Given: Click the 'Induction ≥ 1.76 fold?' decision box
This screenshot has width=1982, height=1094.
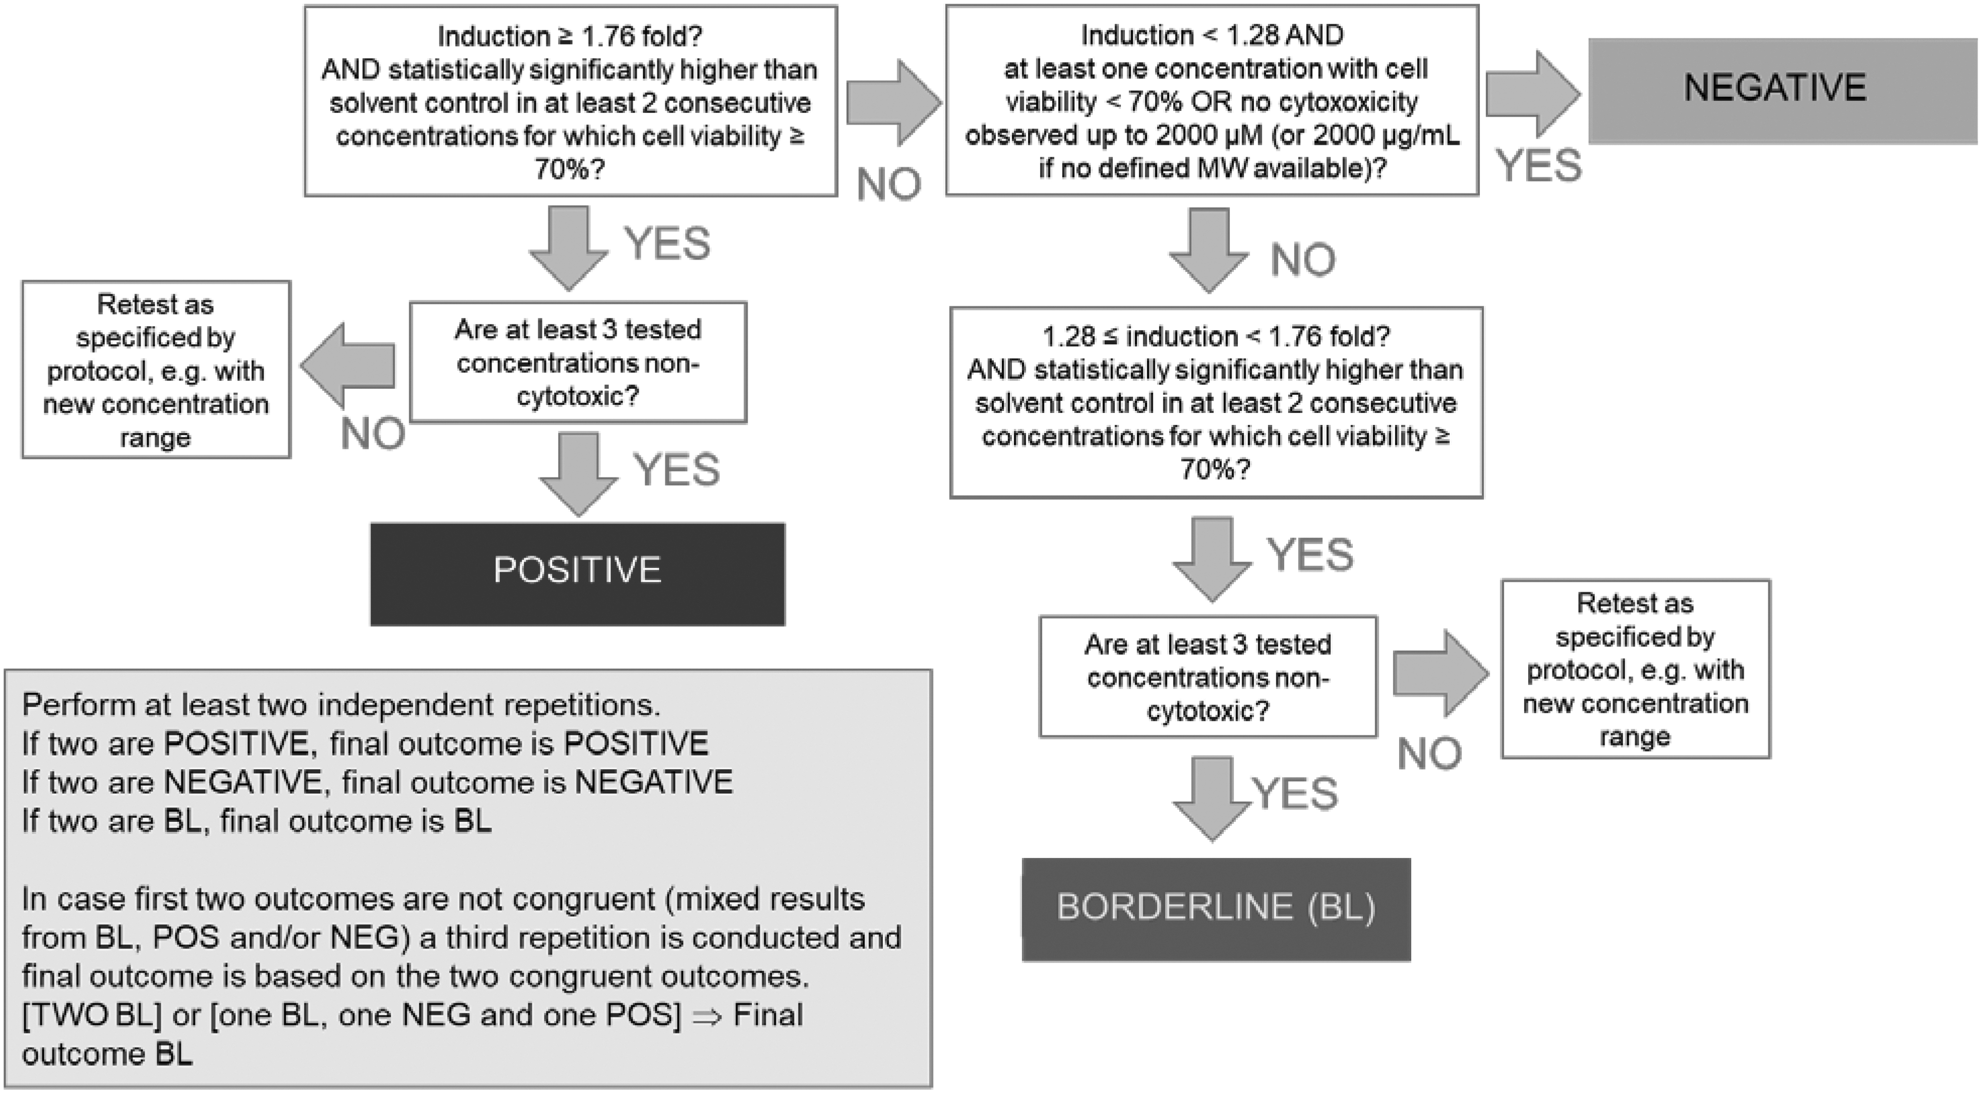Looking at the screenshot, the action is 571,101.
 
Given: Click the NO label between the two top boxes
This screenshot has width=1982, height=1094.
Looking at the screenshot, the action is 889,185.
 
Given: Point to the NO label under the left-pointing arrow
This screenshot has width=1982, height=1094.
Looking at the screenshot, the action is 373,434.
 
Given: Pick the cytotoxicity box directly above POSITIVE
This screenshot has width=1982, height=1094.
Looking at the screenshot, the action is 578,362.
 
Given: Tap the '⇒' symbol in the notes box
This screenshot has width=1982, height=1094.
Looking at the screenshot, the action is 706,1016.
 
